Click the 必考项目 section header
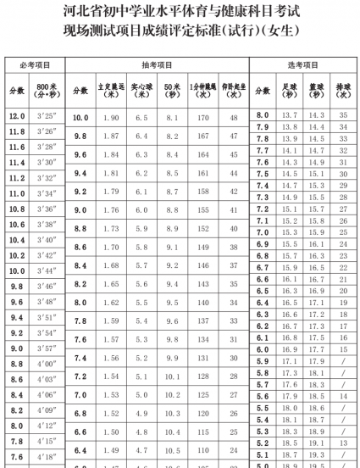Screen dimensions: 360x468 coord(34,65)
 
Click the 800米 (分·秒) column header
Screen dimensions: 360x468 coord(48,90)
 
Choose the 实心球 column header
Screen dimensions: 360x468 coord(142,90)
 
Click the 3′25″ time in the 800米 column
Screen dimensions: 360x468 coord(48,115)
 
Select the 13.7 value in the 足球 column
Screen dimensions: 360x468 coord(290,114)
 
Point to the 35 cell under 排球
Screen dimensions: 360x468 coord(343,114)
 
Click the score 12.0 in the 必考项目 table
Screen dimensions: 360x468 coord(17,115)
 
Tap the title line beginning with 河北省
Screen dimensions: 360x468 coord(180,12)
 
